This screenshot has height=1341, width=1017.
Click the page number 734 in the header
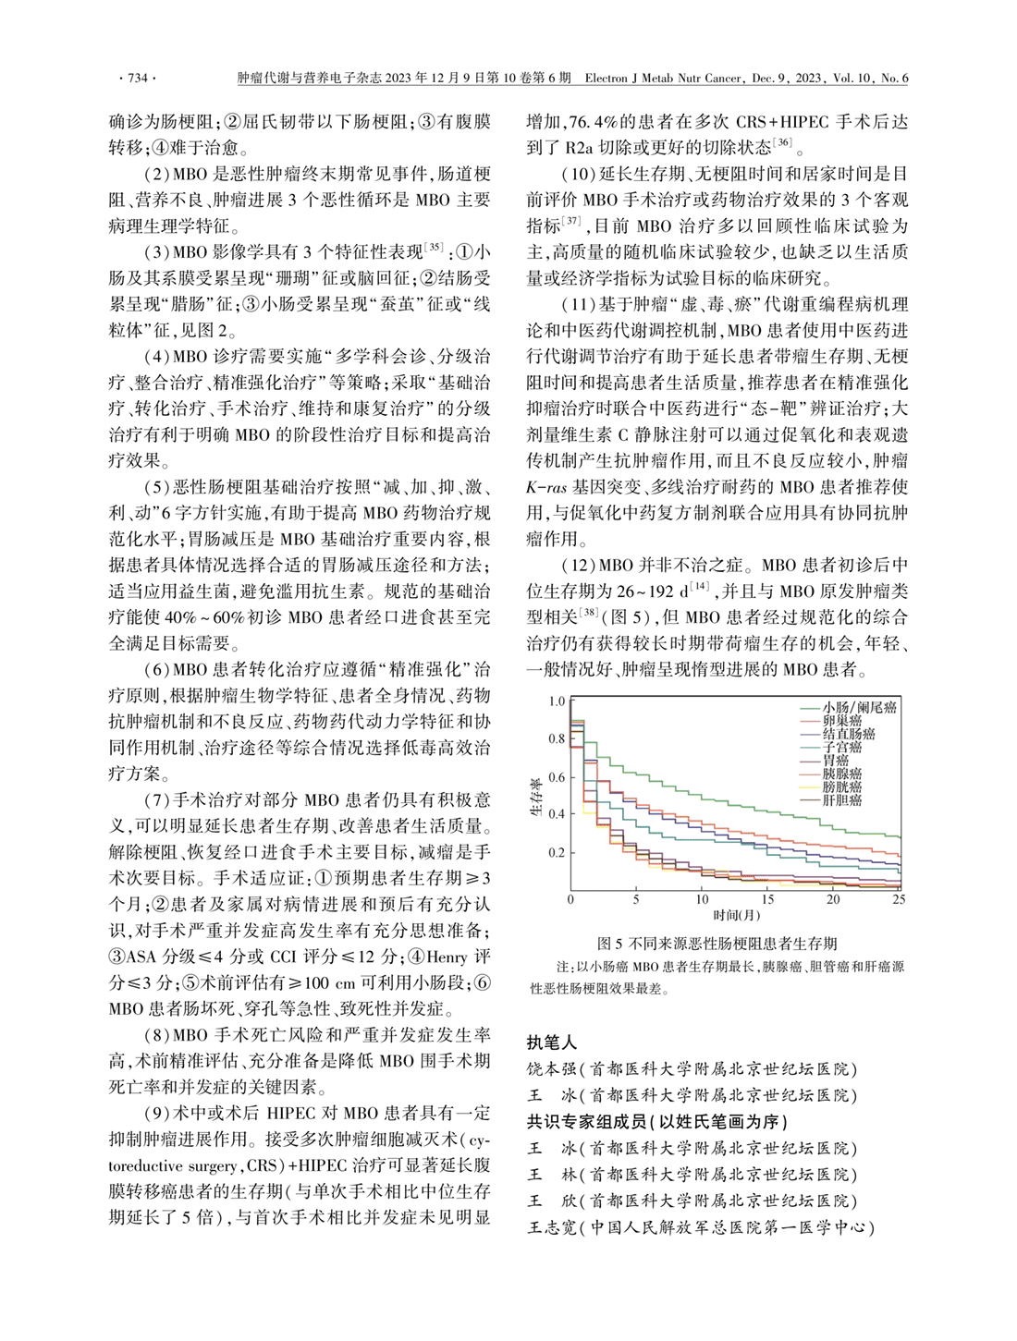(137, 79)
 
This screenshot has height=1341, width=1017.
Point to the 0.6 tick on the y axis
(556, 777)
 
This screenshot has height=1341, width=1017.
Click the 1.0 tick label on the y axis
(556, 701)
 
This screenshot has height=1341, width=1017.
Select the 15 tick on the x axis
(767, 899)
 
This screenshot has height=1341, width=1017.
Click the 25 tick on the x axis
(899, 899)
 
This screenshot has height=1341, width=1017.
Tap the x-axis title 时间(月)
(736, 915)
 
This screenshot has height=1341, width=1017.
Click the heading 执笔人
(552, 1042)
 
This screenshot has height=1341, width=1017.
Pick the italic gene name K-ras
(545, 487)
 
